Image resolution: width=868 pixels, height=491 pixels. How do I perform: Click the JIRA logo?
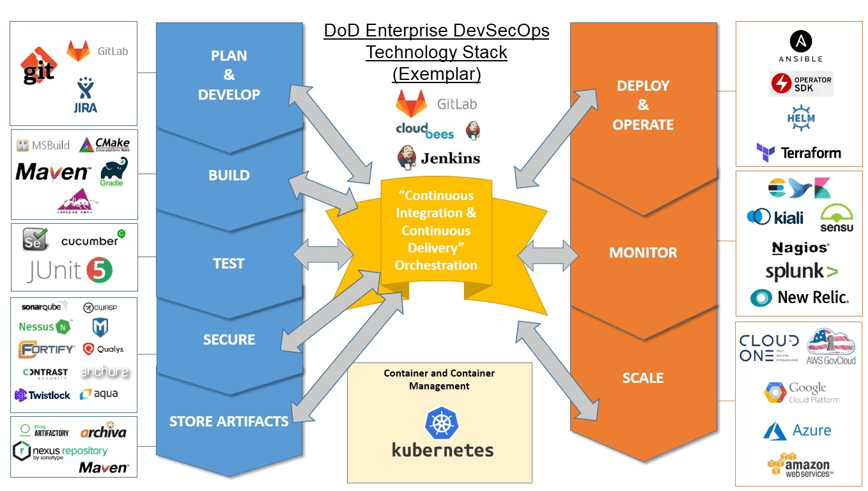85,96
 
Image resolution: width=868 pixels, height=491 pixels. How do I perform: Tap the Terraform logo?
798,153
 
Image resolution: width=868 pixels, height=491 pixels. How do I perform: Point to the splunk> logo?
801,272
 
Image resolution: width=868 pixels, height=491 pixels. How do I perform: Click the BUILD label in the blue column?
229,175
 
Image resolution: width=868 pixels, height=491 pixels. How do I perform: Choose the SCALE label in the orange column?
643,378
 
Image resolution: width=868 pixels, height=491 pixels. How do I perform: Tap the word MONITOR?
643,253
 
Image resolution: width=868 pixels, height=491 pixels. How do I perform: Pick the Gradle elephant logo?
113,171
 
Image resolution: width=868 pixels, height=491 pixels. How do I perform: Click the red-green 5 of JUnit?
100,270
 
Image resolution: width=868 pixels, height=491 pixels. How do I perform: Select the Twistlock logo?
43,395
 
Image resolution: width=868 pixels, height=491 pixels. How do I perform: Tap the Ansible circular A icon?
801,42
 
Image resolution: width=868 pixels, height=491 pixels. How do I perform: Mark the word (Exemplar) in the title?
436,74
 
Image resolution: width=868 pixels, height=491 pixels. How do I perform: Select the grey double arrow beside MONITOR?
548,254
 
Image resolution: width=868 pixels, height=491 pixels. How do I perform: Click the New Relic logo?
800,297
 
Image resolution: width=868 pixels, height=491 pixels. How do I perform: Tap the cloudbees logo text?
424,130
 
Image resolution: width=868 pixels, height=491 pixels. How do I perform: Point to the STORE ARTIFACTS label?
229,421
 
